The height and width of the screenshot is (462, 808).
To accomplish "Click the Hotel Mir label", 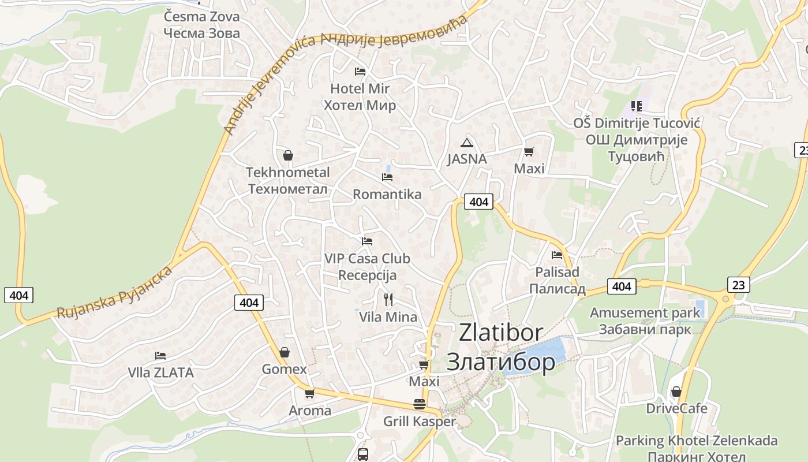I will pyautogui.click(x=360, y=97).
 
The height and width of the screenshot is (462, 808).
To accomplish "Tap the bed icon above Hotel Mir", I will pyautogui.click(x=360, y=71).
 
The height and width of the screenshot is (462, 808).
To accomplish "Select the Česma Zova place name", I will pyautogui.click(x=201, y=25).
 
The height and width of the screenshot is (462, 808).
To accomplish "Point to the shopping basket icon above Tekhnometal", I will pyautogui.click(x=288, y=155).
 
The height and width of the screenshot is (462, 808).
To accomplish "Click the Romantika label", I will pyautogui.click(x=387, y=194).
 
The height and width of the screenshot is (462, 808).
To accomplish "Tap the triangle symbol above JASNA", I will pyautogui.click(x=467, y=143).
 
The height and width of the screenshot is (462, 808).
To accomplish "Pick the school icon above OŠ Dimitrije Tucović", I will pyautogui.click(x=637, y=106).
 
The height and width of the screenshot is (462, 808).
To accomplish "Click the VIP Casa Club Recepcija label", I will pyautogui.click(x=367, y=266).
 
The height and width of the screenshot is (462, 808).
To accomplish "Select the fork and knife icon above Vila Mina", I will pyautogui.click(x=388, y=299).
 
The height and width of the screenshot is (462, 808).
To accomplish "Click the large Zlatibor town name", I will pyautogui.click(x=501, y=346).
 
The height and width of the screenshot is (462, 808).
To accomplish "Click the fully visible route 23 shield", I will pyautogui.click(x=739, y=285).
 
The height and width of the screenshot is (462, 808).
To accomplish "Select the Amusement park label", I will pyautogui.click(x=645, y=321).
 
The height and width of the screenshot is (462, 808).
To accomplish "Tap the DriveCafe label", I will pyautogui.click(x=676, y=408).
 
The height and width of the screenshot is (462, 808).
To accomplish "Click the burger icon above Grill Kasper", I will pyautogui.click(x=420, y=404).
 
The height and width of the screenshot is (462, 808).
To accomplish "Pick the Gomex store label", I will pyautogui.click(x=285, y=369).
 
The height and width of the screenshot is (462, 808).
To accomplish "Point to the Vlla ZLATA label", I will pyautogui.click(x=160, y=372).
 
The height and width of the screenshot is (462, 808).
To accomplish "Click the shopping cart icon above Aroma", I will pyautogui.click(x=310, y=394).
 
